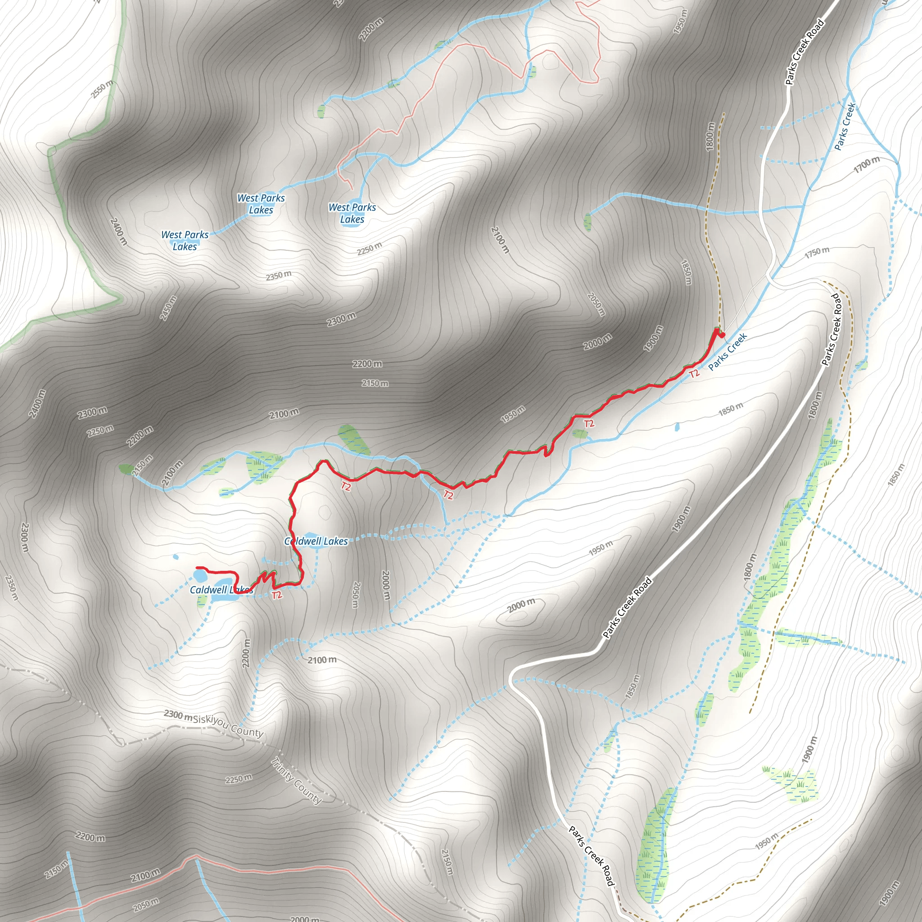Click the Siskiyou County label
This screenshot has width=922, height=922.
(228, 726)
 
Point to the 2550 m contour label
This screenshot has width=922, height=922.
(102, 89)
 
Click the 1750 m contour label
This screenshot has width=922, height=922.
(817, 253)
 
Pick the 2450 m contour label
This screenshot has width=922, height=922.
(168, 308)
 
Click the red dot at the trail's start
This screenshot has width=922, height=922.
(722, 335)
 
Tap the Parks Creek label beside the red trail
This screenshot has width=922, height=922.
(728, 352)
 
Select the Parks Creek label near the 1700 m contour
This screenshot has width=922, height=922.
(845, 127)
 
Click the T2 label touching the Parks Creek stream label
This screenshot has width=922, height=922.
(694, 373)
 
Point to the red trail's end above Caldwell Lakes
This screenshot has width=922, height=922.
(198, 568)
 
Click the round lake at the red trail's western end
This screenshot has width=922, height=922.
(199, 574)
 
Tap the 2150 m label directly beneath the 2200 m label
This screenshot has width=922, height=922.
(375, 383)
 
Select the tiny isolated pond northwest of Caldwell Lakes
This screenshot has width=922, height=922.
(176, 557)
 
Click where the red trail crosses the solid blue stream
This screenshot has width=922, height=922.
(420, 474)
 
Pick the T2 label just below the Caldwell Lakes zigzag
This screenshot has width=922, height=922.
(277, 595)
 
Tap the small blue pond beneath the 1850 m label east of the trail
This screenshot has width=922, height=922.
(677, 427)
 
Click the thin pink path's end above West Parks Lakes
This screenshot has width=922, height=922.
(352, 189)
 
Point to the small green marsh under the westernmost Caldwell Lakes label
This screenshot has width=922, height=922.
(202, 601)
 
